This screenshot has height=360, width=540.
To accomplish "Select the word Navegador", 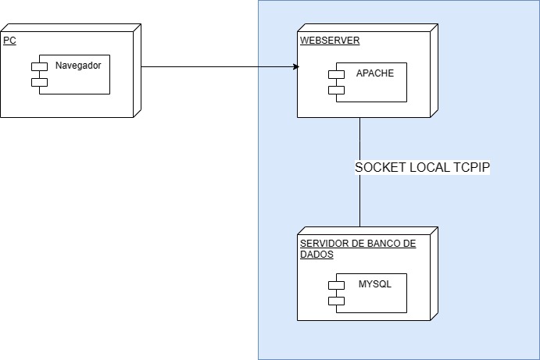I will click(77, 66).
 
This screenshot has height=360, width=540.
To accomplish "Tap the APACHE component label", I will click(375, 73).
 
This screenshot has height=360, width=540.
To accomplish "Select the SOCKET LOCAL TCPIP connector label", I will click(422, 167).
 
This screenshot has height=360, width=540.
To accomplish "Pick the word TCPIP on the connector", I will click(471, 167).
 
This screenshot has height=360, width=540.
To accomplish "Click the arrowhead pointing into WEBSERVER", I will click(295, 66).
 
